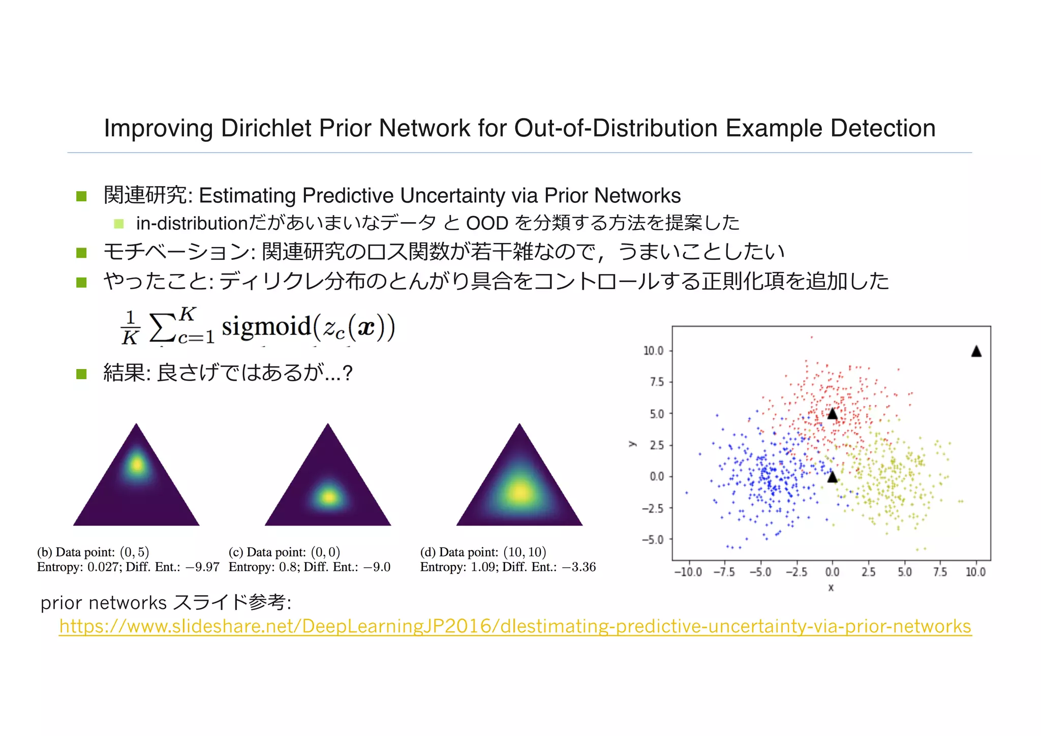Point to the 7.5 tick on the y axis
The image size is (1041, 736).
(657, 382)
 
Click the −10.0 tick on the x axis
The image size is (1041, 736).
(688, 572)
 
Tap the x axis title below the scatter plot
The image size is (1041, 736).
(831, 588)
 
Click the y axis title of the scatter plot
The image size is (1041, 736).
(632, 444)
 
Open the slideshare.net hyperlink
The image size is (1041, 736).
(515, 626)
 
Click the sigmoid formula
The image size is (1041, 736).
(257, 326)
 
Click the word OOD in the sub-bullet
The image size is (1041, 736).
(487, 223)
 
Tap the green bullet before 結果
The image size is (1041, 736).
(81, 374)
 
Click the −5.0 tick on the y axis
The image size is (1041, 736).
(653, 539)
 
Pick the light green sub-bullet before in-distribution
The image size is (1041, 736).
(119, 223)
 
